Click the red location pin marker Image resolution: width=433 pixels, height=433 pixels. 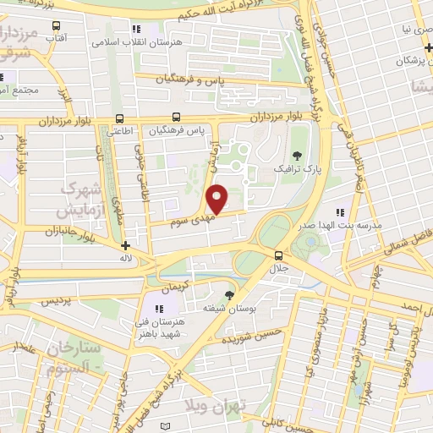coord(217,200)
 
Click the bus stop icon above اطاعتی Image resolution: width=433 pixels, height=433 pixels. coord(118,118)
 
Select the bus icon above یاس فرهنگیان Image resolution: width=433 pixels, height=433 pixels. coord(176,118)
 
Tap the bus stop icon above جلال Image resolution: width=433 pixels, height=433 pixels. coord(278,255)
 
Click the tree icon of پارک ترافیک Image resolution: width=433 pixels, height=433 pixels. coord(297,155)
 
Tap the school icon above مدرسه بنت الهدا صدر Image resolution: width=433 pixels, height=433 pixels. coord(340,213)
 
